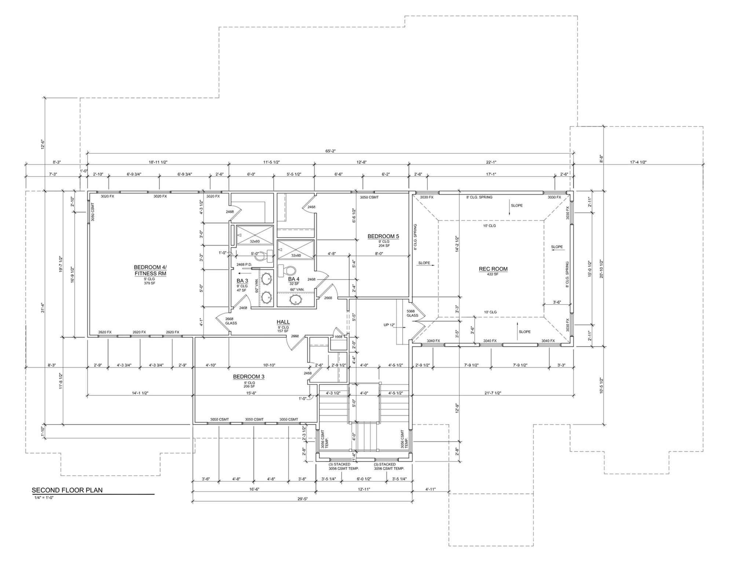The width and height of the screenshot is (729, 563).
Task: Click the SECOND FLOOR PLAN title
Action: point(67,490)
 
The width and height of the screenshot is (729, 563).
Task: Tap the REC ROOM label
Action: point(493,269)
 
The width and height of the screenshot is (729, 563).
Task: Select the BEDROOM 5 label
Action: point(383,236)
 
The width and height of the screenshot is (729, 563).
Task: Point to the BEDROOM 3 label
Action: point(249,377)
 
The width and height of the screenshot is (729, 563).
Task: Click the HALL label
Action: point(283,322)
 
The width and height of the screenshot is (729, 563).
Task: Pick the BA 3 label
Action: point(242,281)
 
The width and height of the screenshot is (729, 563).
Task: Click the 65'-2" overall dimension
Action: point(330,151)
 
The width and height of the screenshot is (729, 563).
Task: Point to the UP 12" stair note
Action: point(389,325)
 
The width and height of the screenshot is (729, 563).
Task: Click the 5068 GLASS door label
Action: point(412,313)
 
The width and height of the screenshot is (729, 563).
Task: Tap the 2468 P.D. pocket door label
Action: point(244,264)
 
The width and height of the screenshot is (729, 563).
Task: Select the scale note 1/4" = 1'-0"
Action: point(44,498)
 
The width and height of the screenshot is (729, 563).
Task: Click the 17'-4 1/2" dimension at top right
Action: point(638,162)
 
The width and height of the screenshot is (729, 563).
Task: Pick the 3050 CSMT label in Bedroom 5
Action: point(369,197)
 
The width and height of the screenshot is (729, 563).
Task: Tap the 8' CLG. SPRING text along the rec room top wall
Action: point(479,197)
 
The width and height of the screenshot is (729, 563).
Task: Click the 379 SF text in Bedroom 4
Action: point(150,283)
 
